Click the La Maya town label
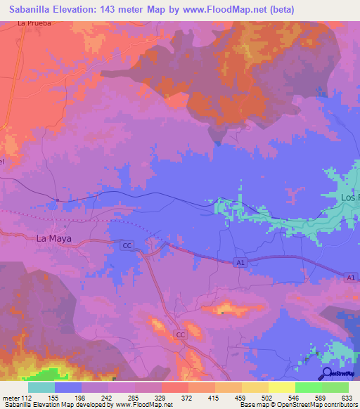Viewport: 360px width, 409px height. point(53,239)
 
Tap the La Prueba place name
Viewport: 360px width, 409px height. point(35,23)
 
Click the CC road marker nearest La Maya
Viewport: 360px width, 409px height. point(127,245)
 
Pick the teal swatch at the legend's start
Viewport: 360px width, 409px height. point(41,387)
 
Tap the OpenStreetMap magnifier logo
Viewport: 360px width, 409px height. point(328,373)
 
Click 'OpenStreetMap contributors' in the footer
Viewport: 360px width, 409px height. point(325,404)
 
